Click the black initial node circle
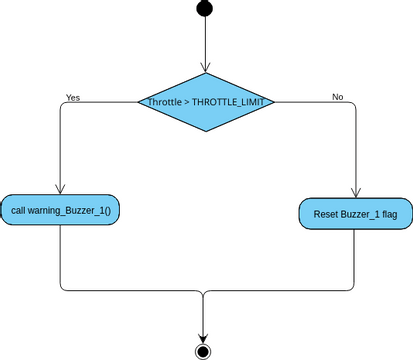pos(204,9)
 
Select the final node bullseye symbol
pos(204,351)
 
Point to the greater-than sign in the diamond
pos(186,102)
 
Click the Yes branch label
pos(73,97)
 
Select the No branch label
pos(337,97)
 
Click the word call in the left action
pos(19,212)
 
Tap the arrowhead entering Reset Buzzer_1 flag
pos(356,192)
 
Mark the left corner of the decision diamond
pos(138,101)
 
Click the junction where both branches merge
pos(204,291)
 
